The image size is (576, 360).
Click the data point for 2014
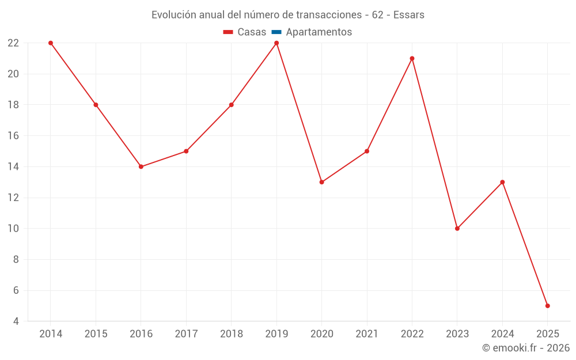pyautogui.click(x=51, y=43)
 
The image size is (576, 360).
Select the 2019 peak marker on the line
pyautogui.click(x=276, y=43)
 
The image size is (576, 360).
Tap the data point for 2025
pyautogui.click(x=547, y=306)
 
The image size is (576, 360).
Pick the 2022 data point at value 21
pyautogui.click(x=412, y=58)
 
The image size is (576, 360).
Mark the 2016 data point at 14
pyautogui.click(x=141, y=166)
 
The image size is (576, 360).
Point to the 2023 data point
pyautogui.click(x=457, y=229)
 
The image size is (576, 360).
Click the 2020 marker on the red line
pyautogui.click(x=321, y=182)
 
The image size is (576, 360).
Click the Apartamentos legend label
pyautogui.click(x=319, y=32)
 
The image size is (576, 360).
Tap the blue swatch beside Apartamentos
pyautogui.click(x=276, y=32)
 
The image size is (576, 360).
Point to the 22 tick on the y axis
pyautogui.click(x=13, y=43)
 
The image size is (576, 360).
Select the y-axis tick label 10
pyautogui.click(x=13, y=229)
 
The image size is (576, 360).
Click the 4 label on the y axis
pyautogui.click(x=16, y=321)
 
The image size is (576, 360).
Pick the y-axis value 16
pyautogui.click(x=13, y=136)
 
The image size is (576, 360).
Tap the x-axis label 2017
pyautogui.click(x=186, y=334)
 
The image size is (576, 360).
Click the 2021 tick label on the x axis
pyautogui.click(x=367, y=334)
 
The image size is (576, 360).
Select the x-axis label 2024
pyautogui.click(x=502, y=334)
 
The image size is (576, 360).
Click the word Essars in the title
pyautogui.click(x=409, y=15)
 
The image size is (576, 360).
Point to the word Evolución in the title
pyautogui.click(x=173, y=15)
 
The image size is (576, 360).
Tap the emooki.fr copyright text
pyautogui.click(x=526, y=348)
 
